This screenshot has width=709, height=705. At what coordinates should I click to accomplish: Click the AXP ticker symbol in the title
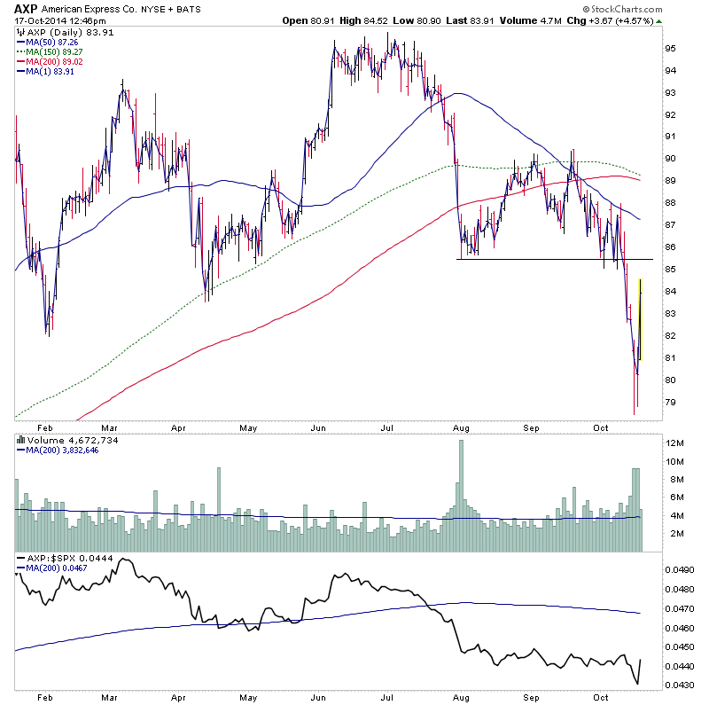click(27, 7)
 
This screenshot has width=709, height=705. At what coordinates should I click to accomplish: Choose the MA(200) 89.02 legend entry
click(53, 61)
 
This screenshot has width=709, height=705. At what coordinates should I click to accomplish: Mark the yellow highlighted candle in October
click(640, 319)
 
